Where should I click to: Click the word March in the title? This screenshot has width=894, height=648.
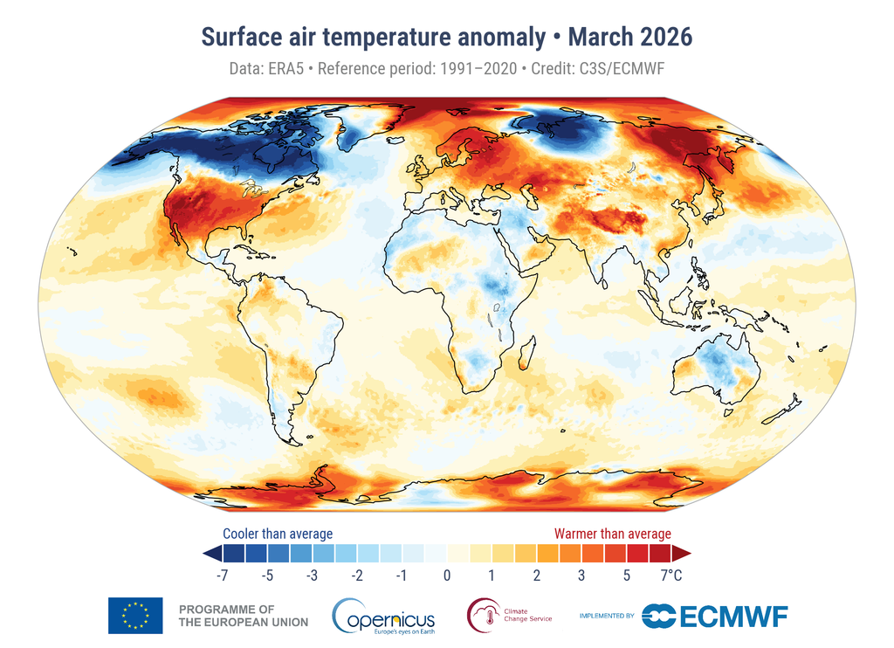[x=603, y=38]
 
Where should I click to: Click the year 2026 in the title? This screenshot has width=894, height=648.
[x=665, y=38]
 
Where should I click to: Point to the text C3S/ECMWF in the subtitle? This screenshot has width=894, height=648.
[x=621, y=67]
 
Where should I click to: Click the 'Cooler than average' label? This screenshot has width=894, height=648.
[x=278, y=534]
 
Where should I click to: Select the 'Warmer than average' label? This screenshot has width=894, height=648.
[x=613, y=534]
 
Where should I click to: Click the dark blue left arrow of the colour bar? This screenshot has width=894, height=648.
[x=210, y=554]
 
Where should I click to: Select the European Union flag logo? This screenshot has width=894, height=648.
[x=135, y=616]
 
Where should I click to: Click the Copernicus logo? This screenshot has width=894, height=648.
[x=384, y=617]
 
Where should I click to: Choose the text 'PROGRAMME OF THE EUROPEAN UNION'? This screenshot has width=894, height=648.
[x=243, y=616]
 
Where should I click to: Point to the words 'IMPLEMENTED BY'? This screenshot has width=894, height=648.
[x=607, y=617]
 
